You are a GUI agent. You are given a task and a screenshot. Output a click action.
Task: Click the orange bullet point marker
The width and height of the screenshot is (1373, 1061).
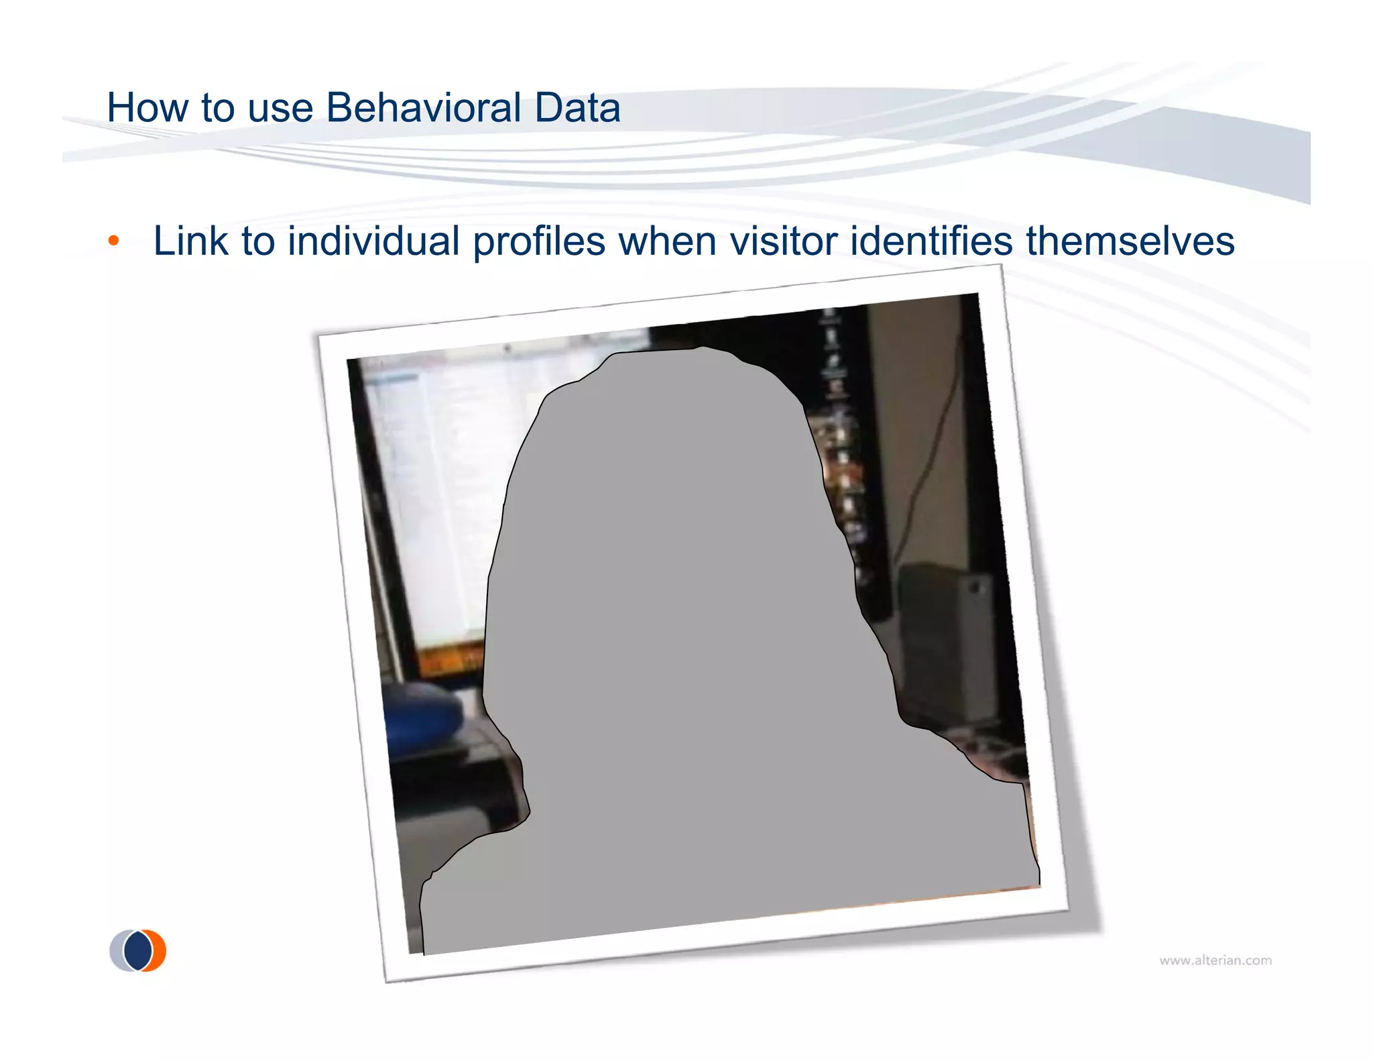pos(114,241)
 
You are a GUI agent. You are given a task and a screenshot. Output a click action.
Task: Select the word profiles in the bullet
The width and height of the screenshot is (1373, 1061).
pos(539,242)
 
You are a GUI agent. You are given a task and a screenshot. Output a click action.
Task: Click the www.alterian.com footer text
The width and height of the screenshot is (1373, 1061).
pos(1215,960)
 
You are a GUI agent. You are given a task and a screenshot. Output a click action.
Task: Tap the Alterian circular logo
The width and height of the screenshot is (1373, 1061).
pos(137,950)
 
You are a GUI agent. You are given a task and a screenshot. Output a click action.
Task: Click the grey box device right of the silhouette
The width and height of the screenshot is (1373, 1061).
pos(945,644)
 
